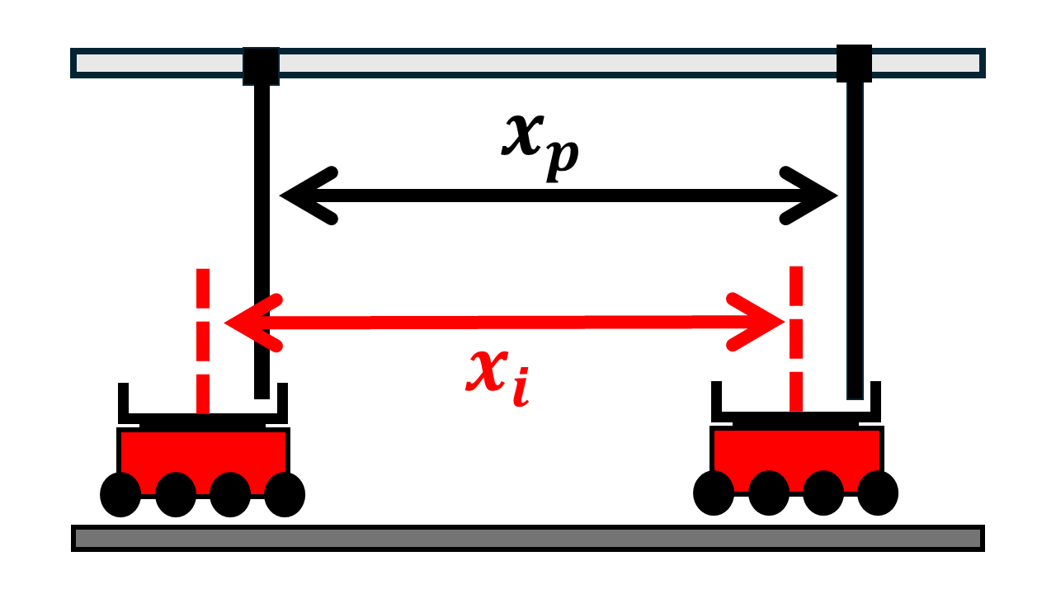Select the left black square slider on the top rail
261,65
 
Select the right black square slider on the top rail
854,63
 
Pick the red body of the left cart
203,450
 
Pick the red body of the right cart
796,449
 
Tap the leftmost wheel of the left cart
120,495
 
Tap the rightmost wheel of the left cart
285,495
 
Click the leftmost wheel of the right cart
714,493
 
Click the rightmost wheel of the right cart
878,493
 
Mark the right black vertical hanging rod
855,247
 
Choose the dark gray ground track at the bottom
528,538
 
